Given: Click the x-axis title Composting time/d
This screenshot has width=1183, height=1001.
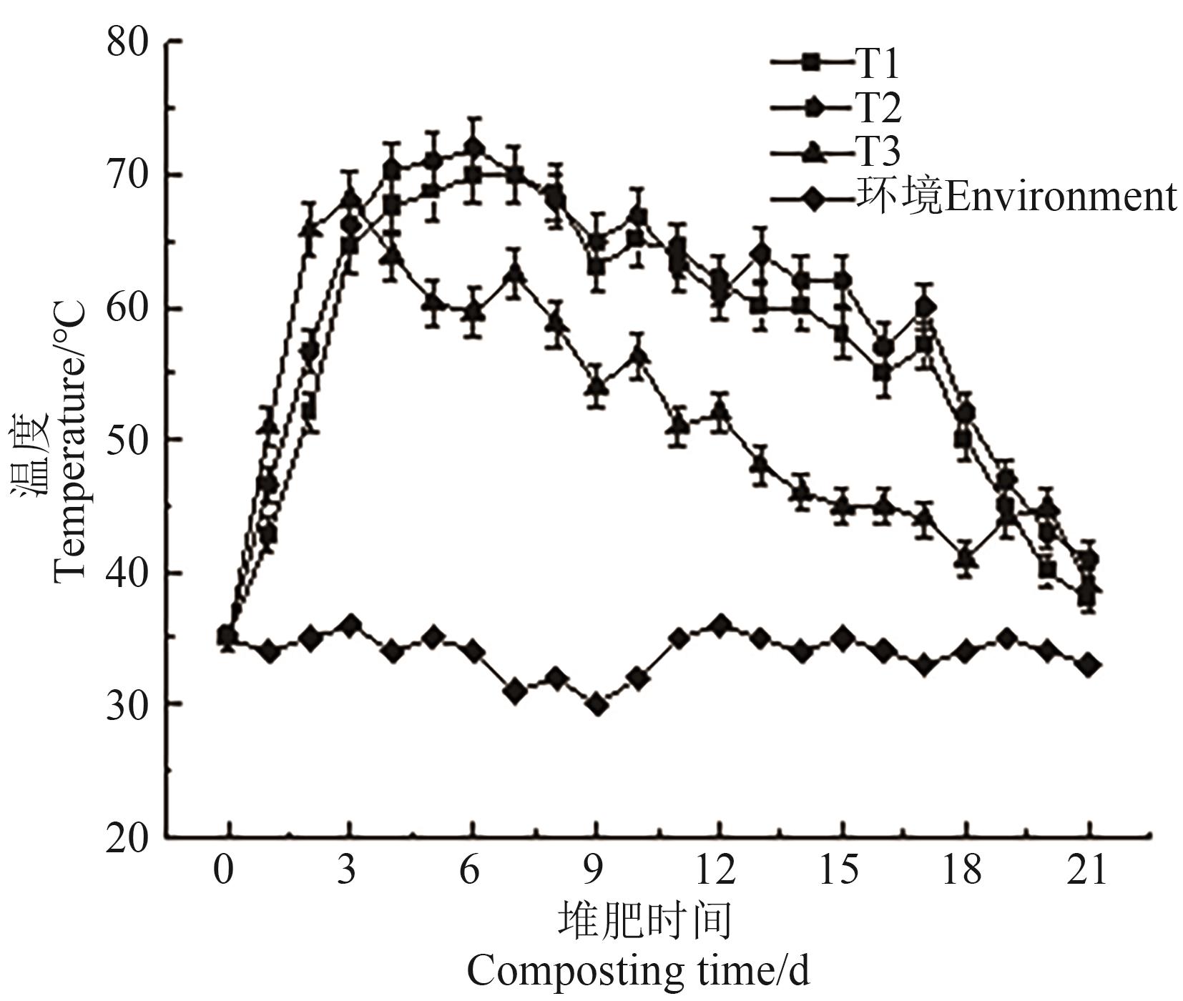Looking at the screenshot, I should click(638, 970).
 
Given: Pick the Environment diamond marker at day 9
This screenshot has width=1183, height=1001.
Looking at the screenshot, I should click(597, 705).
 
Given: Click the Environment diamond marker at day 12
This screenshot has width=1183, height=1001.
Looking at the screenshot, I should click(720, 626).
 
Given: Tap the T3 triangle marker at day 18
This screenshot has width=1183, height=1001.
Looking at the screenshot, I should click(966, 556).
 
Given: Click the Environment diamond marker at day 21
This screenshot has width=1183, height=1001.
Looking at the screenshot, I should click(1089, 665).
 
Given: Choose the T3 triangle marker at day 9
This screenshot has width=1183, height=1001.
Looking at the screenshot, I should click(597, 387).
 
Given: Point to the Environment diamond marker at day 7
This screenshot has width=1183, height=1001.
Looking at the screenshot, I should click(515, 691).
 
